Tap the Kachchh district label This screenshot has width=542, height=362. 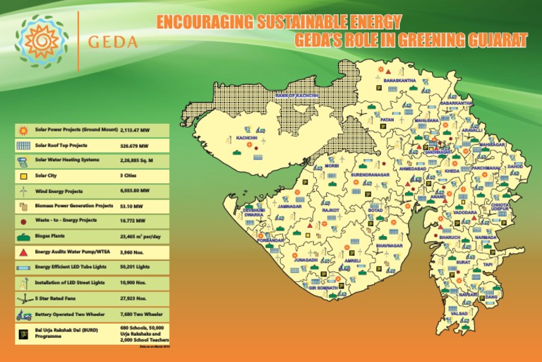[247, 137]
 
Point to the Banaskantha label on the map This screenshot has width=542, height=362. [399, 81]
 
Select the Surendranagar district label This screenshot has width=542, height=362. [370, 174]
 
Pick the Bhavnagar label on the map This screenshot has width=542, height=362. [389, 245]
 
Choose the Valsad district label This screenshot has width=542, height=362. [459, 313]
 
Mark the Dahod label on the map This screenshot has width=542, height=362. [515, 167]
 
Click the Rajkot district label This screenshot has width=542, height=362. [330, 210]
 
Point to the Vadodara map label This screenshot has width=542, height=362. [465, 211]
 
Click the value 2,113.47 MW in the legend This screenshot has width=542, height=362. [135, 131]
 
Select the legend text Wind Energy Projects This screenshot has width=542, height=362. [59, 191]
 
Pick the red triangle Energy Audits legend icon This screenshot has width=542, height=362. [23, 252]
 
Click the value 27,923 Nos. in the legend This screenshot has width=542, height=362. [134, 298]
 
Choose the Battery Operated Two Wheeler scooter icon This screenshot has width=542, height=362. [23, 314]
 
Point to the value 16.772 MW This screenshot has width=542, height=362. [133, 221]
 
